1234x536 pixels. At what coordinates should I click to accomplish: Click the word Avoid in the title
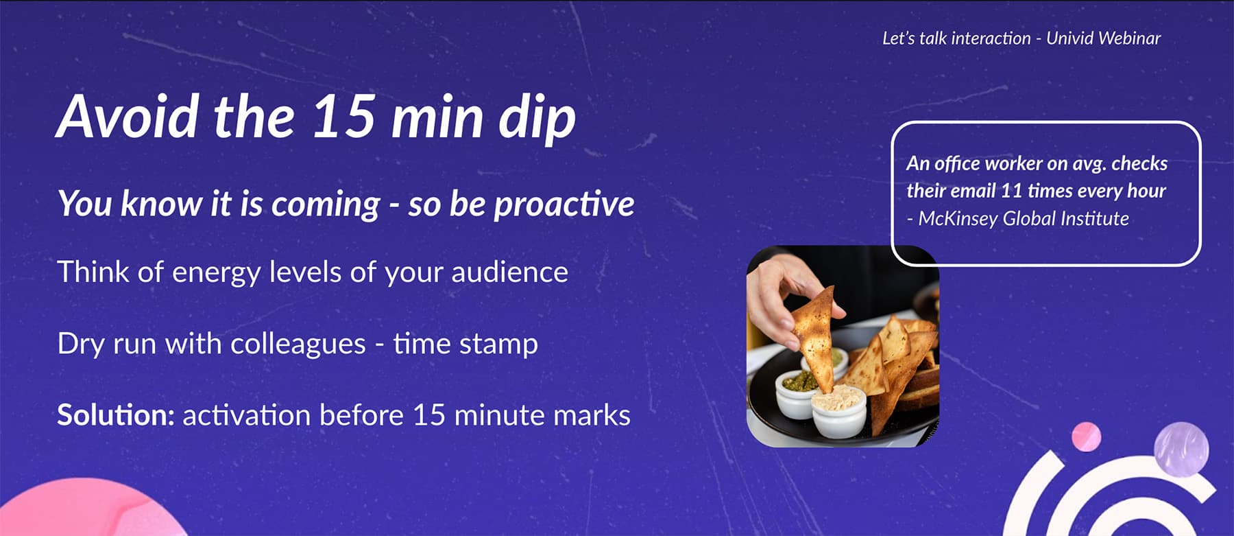pos(128,117)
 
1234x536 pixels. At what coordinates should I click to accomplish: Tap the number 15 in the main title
pos(343,117)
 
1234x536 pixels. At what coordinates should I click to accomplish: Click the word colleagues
pos(298,344)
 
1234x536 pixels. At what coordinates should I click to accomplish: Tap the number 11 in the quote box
pos(1012,191)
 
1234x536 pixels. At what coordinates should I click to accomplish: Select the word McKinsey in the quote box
pos(958,219)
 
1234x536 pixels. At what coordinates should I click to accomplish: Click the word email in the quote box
pos(973,191)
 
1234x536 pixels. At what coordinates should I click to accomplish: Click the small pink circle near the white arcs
pos(1086,437)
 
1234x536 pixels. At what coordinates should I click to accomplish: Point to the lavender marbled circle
pos(1181,450)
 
